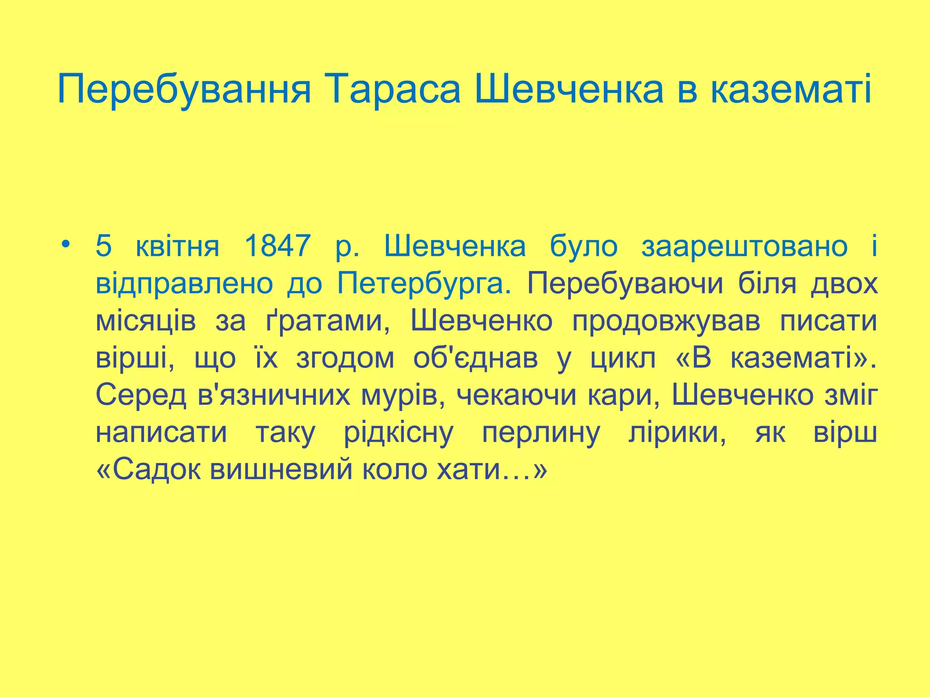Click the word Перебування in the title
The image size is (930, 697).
pyautogui.click(x=184, y=89)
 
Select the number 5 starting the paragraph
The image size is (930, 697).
pyautogui.click(x=104, y=246)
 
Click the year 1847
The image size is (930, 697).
pyautogui.click(x=277, y=246)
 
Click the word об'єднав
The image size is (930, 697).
pyautogui.click(x=475, y=358)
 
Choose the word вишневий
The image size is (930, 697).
pyautogui.click(x=281, y=470)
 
